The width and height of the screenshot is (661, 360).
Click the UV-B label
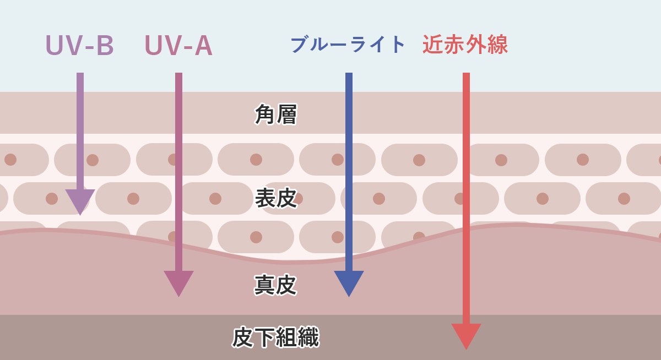pos(79,46)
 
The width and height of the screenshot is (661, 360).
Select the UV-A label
pos(178,46)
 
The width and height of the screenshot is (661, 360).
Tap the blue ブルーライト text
pos(348,45)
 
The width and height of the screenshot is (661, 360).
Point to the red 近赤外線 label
pos(465,45)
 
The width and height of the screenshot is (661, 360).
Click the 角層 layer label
pos(276,114)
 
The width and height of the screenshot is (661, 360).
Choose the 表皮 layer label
pos(276,198)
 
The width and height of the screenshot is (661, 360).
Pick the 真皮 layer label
pos(276,285)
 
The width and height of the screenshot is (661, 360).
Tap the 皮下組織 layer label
pos(276,337)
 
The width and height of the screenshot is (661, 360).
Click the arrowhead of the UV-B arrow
pos(80,201)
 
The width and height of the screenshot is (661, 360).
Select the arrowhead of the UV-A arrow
pos(178,282)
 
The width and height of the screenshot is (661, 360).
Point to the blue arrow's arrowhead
pos(349,282)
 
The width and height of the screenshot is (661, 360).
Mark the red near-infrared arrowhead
pos(466,335)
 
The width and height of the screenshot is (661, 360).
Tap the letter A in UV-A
pos(203,46)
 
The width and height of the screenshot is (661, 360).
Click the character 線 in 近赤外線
pos(497,45)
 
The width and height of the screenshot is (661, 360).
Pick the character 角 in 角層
pos(265,114)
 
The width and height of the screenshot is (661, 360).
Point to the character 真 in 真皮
pos(265,285)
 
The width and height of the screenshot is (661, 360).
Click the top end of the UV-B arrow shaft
pos(80,74)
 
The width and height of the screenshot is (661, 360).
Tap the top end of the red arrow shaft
pos(466,74)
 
